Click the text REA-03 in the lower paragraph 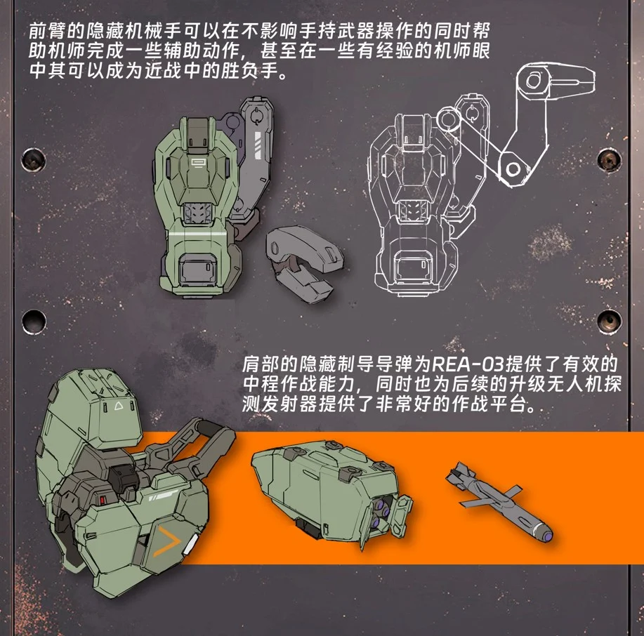point(468,364)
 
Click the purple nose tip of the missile point(548,535)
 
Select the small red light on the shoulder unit point(103,500)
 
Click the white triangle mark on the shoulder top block point(119,406)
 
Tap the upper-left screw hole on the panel point(33,159)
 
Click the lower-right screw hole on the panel point(609,321)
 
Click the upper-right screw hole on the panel point(609,159)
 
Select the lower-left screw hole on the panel point(33,321)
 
